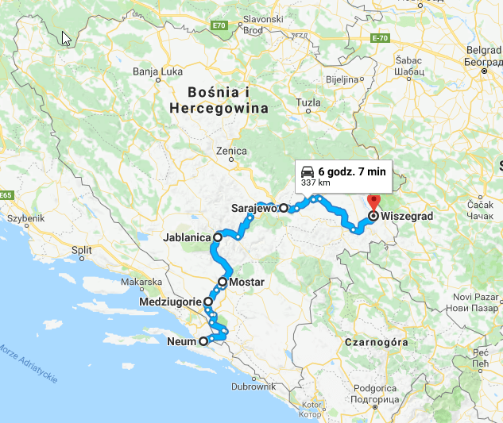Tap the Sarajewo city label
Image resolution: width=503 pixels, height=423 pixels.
[253, 208]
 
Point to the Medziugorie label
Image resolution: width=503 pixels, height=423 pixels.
[169, 302]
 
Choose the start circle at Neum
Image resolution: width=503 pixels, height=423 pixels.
[203, 341]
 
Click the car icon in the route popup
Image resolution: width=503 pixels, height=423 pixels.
[308, 171]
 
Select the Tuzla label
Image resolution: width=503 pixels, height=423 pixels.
[308, 102]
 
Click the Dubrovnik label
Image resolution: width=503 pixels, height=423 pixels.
[253, 387]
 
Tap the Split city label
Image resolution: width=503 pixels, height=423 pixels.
[82, 249]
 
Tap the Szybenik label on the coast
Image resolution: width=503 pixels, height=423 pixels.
[25, 218]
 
